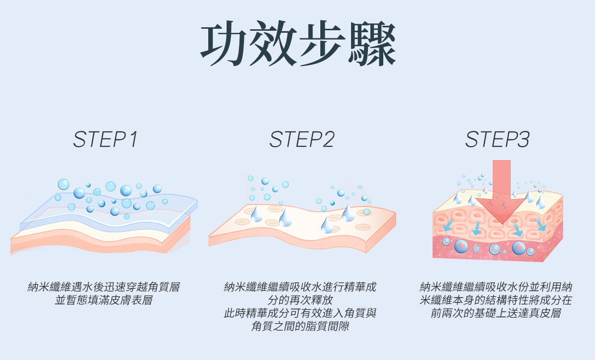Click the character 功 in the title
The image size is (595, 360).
pyautogui.click(x=223, y=43)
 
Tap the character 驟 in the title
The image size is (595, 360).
pyautogui.click(x=372, y=43)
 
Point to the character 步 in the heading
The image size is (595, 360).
pyautogui.click(x=322, y=43)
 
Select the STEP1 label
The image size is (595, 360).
pyautogui.click(x=106, y=139)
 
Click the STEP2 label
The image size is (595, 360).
pyautogui.click(x=302, y=139)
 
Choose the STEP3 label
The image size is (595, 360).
pyautogui.click(x=497, y=139)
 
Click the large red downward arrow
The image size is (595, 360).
pyautogui.click(x=501, y=192)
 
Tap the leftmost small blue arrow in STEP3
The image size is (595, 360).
pyautogui.click(x=448, y=225)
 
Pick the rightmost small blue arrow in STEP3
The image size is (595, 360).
pyautogui.click(x=541, y=225)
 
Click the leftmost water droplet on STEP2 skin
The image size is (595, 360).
pyautogui.click(x=256, y=214)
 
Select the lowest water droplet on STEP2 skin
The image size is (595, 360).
pyautogui.click(x=326, y=225)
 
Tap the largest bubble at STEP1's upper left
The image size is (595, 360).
pyautogui.click(x=63, y=184)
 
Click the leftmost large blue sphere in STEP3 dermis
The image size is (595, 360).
pyautogui.click(x=461, y=246)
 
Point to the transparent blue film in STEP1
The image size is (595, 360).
pyautogui.click(x=109, y=213)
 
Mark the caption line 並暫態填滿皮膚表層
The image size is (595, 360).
pyautogui.click(x=104, y=300)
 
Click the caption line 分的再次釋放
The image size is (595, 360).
pyautogui.click(x=300, y=300)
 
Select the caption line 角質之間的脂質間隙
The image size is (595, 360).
pyautogui.click(x=300, y=326)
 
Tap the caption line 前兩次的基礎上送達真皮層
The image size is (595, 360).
pyautogui.click(x=496, y=313)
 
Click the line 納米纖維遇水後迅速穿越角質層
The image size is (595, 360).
pyautogui.click(x=104, y=287)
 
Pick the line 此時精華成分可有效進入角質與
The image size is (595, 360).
pyautogui.click(x=300, y=313)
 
